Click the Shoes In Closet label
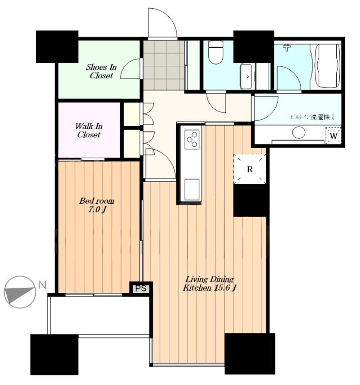pyautogui.click(x=101, y=71)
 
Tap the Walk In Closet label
pyautogui.click(x=89, y=130)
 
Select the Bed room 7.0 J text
pyautogui.click(x=97, y=205)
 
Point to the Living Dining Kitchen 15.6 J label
pyautogui.click(x=209, y=283)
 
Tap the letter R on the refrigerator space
pyautogui.click(x=250, y=169)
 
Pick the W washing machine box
pyautogui.click(x=333, y=136)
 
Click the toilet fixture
pyautogui.click(x=216, y=52)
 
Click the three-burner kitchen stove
pyautogui.click(x=192, y=140)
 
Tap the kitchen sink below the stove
pyautogui.click(x=192, y=189)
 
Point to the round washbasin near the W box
pyautogui.click(x=298, y=133)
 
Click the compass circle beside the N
pyautogui.click(x=20, y=292)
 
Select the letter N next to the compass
pyautogui.click(x=43, y=285)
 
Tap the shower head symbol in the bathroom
pyautogui.click(x=286, y=47)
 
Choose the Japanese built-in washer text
pyautogui.click(x=312, y=117)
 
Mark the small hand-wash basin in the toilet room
pyautogui.click(x=246, y=76)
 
